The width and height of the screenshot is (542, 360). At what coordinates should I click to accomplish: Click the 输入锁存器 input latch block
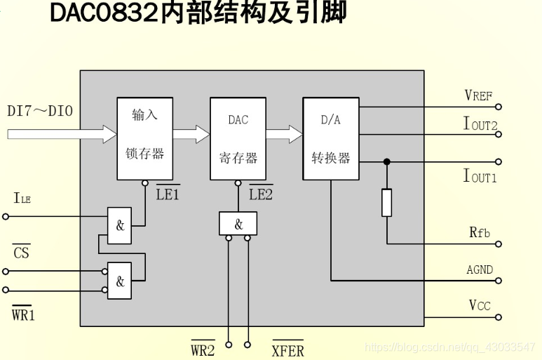pos(144,138)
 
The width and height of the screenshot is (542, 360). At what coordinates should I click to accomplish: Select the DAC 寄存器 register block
pos(238,138)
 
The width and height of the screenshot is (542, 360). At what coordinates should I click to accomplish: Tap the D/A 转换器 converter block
pos(330,138)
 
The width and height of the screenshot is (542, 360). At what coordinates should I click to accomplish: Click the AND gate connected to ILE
pos(119,226)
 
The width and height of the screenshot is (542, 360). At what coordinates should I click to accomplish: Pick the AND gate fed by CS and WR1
pos(119,281)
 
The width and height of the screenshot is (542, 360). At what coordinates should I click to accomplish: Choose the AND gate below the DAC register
pos(238,224)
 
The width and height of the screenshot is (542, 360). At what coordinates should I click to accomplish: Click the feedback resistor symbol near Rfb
pos(386,202)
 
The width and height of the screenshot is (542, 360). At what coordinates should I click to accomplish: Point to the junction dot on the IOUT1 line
pos(386,161)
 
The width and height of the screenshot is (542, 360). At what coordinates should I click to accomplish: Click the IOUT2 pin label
pos(480,124)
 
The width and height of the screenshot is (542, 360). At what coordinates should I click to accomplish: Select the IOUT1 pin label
pos(480,175)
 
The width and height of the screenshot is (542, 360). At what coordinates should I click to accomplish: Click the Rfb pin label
pos(480,232)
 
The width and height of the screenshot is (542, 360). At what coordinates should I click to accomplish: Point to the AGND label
pos(480,269)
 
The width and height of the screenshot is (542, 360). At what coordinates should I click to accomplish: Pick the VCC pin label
pos(480,305)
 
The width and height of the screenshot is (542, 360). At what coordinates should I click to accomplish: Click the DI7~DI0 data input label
pos(40,111)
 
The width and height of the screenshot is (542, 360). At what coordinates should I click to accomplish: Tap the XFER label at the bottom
pos(287,349)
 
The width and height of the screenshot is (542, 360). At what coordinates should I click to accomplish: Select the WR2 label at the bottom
pos(203,349)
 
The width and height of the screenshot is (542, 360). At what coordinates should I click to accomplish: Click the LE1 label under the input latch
pos(168,194)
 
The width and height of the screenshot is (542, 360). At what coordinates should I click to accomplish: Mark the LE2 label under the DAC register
pos(261,194)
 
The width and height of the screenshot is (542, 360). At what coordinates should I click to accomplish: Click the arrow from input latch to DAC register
pos(191,134)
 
